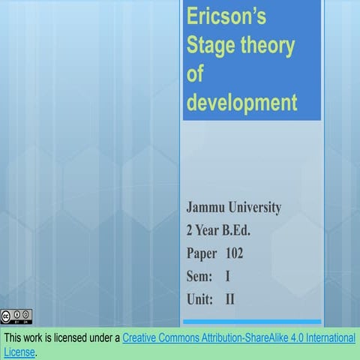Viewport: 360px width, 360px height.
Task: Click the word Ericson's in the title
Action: click(224, 17)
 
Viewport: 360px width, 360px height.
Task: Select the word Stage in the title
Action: click(211, 46)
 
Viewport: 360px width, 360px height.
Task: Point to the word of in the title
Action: click(195, 75)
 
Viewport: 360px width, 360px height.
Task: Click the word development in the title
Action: click(241, 103)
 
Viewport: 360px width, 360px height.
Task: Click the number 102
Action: click(234, 253)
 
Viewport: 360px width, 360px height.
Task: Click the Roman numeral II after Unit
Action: click(231, 300)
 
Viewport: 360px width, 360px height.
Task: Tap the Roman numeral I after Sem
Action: click(228, 277)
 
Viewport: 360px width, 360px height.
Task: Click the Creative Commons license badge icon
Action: click(16, 316)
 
